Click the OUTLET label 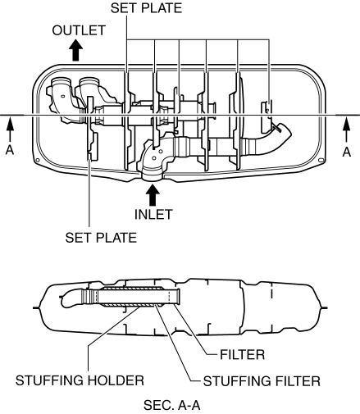point(79,30)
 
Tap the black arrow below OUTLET point(75,50)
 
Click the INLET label point(153,215)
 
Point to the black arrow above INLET point(153,195)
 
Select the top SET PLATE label point(146,8)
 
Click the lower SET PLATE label point(101,238)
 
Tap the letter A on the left point(10,150)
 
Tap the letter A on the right point(347,152)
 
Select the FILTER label point(243,355)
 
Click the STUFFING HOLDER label point(80,380)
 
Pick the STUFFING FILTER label point(262,381)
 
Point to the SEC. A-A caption point(172,405)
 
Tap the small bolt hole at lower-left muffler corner point(38,160)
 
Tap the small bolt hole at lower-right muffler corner point(321,160)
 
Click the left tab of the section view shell point(36,308)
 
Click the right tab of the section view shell point(324,308)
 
